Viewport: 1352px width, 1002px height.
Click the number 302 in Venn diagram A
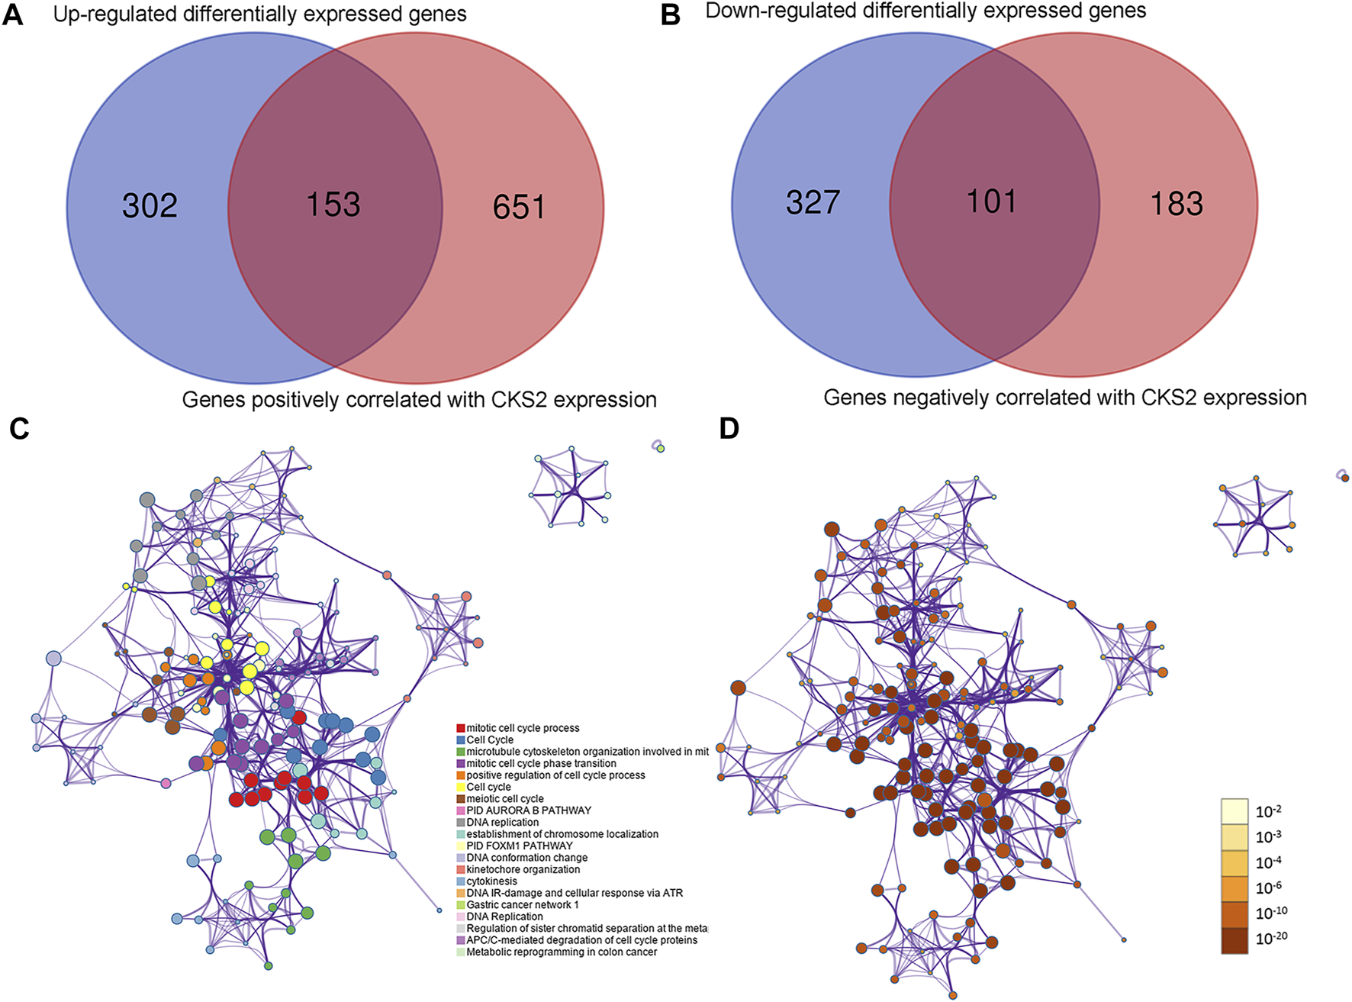tap(150, 206)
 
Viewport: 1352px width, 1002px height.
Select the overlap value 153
tap(333, 205)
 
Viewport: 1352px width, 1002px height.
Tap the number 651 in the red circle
tap(519, 208)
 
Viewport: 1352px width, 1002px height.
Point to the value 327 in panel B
tap(813, 202)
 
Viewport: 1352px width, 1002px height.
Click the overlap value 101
tap(991, 201)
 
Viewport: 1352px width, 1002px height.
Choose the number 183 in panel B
tap(1177, 204)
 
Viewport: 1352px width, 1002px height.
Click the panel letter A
tap(13, 15)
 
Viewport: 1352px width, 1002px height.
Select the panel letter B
tap(670, 15)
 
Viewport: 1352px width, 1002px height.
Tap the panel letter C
tap(19, 429)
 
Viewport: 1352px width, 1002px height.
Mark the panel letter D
tap(729, 429)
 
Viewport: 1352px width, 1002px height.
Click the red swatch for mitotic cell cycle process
tap(461, 729)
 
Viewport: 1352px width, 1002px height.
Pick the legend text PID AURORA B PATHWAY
tap(529, 810)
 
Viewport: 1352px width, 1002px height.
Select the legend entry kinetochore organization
tap(523, 869)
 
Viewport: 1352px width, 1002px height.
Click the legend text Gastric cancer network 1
tap(523, 905)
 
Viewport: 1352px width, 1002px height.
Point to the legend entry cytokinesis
tap(492, 881)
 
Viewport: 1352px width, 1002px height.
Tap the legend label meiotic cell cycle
tap(505, 799)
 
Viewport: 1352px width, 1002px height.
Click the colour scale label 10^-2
tap(1269, 811)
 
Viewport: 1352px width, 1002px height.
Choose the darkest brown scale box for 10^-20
tap(1235, 940)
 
